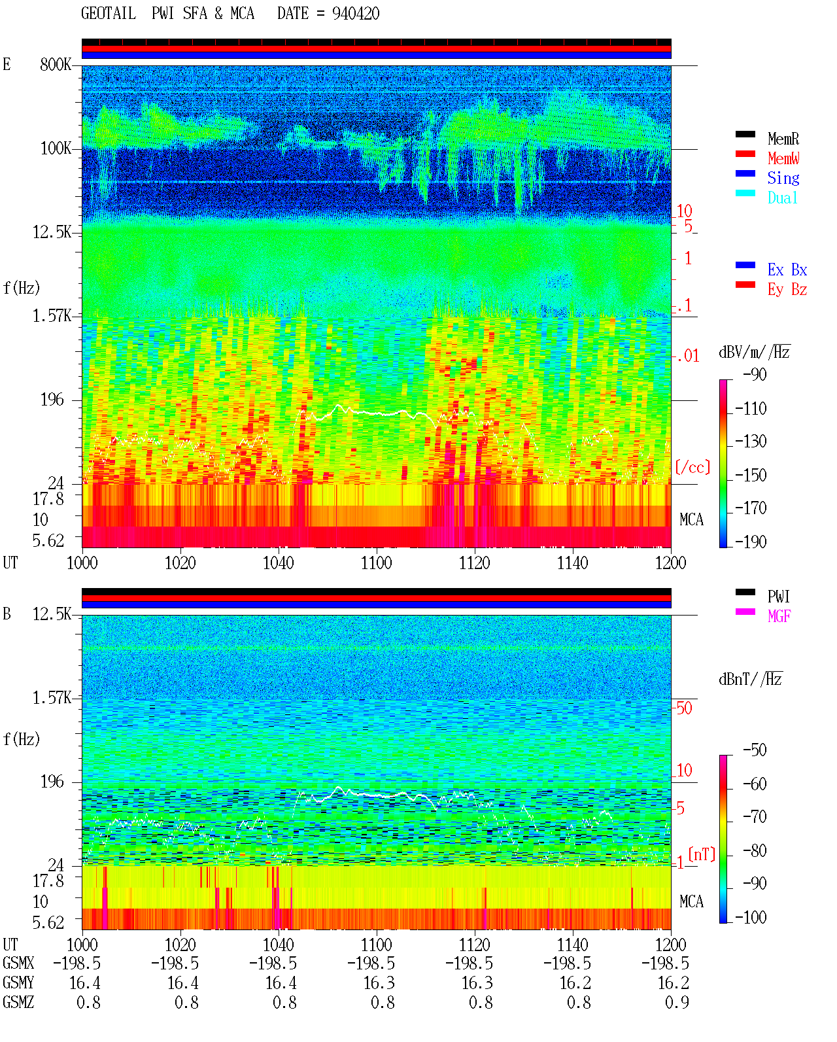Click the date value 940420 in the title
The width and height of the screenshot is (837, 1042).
tap(355, 14)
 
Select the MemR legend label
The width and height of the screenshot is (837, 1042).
tap(783, 139)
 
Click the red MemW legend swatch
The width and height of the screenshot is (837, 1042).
tap(745, 154)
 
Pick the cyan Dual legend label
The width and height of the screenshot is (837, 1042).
tap(782, 198)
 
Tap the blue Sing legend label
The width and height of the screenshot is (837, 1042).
tap(783, 178)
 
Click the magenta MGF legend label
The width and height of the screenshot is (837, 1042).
tap(779, 616)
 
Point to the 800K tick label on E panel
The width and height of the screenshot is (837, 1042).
tap(55, 64)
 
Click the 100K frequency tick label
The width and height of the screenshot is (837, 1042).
tap(55, 148)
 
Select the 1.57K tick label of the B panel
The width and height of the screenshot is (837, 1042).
tap(52, 698)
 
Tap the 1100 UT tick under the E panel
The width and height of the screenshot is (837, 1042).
tap(376, 563)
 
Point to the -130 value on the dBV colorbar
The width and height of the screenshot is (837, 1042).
tap(751, 442)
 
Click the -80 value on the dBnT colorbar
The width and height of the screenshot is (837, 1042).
tap(755, 850)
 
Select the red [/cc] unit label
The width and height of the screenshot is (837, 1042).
tap(692, 467)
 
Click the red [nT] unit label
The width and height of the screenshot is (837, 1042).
tap(702, 854)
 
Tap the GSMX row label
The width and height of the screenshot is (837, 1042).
tap(18, 963)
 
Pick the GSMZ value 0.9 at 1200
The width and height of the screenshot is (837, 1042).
tap(676, 1002)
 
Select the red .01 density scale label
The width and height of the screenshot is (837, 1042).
tap(687, 356)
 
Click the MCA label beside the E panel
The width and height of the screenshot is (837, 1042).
tap(691, 519)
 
